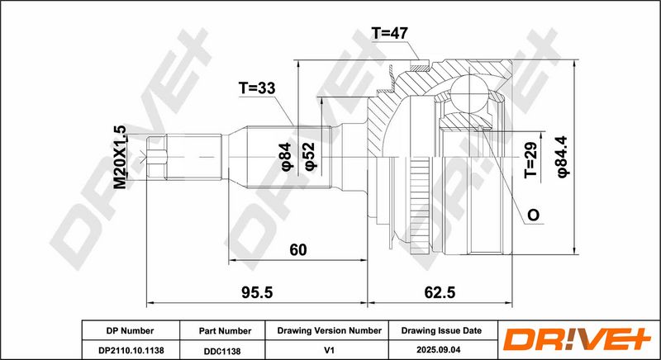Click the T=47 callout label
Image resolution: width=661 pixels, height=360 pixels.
389,33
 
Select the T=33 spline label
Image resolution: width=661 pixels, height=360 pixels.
257,88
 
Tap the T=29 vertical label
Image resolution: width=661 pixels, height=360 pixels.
531,160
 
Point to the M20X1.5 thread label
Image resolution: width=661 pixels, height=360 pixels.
120,157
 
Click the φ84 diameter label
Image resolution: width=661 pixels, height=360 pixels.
286,157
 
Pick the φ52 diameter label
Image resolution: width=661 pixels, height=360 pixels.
310,156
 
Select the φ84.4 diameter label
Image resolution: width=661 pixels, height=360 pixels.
564,156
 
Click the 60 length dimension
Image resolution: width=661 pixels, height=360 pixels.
298,250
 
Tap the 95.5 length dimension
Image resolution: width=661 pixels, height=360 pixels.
257,292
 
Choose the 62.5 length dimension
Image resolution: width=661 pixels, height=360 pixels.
440,292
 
